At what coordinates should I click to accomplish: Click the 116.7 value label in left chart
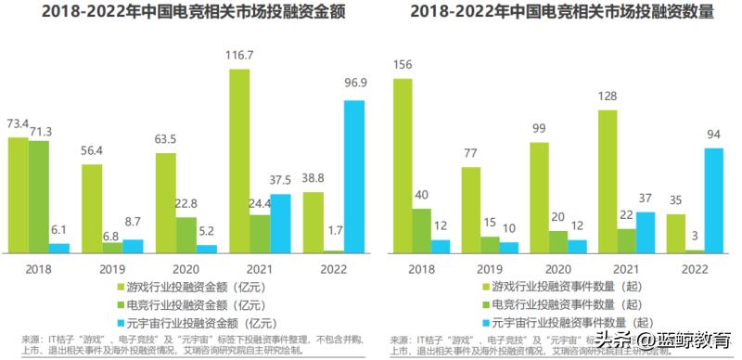(239, 56)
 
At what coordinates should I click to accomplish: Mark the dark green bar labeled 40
(422, 230)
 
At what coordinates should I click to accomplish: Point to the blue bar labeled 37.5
(279, 223)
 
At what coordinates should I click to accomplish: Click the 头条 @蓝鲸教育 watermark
(664, 340)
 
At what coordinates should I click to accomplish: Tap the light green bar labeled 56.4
(92, 209)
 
